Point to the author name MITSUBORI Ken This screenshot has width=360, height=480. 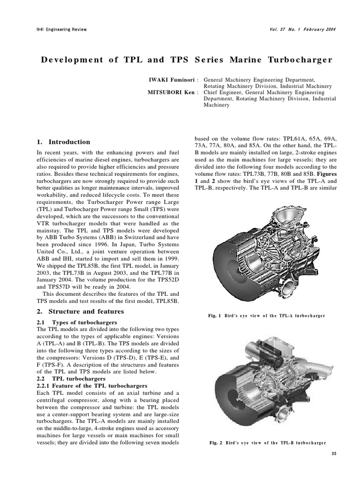[170, 93]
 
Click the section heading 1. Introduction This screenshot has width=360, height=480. [63, 142]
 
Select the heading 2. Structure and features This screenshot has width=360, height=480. [80, 311]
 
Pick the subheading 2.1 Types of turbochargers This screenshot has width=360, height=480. [77, 322]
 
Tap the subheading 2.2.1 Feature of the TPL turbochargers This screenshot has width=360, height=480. [92, 385]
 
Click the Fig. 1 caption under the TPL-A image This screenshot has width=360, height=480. [266, 315]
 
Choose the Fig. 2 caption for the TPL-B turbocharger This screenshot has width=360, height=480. [266, 442]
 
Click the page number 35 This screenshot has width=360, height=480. [334, 454]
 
